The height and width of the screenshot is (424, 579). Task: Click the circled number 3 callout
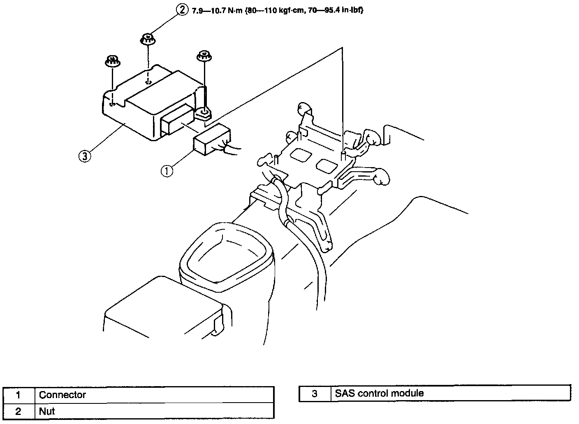click(x=84, y=156)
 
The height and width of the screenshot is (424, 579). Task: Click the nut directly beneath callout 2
click(x=147, y=40)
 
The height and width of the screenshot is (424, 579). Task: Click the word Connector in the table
click(x=63, y=395)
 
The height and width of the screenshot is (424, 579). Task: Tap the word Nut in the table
click(x=47, y=411)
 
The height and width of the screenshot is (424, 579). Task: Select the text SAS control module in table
click(x=379, y=393)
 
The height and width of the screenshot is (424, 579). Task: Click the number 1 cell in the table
click(x=19, y=395)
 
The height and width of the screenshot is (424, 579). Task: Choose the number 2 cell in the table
click(x=19, y=411)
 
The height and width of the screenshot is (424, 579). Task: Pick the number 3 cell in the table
click(x=315, y=394)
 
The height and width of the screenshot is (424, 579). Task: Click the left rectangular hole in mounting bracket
click(x=301, y=155)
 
